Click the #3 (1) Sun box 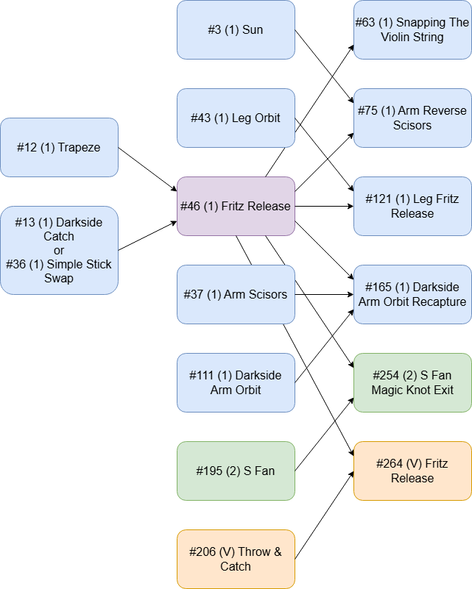236,30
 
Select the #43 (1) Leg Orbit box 236,118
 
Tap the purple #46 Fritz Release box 236,206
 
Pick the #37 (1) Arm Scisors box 236,294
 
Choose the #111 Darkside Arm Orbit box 236,382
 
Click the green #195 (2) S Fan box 236,471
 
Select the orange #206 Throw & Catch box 236,559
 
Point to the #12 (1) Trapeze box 59,147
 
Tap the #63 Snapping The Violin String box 412,30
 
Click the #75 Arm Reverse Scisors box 412,118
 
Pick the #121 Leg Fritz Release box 412,206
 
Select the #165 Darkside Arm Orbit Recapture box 412,294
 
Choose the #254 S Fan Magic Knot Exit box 412,382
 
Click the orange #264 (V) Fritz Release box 412,471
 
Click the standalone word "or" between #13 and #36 59,251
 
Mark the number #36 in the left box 15,265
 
